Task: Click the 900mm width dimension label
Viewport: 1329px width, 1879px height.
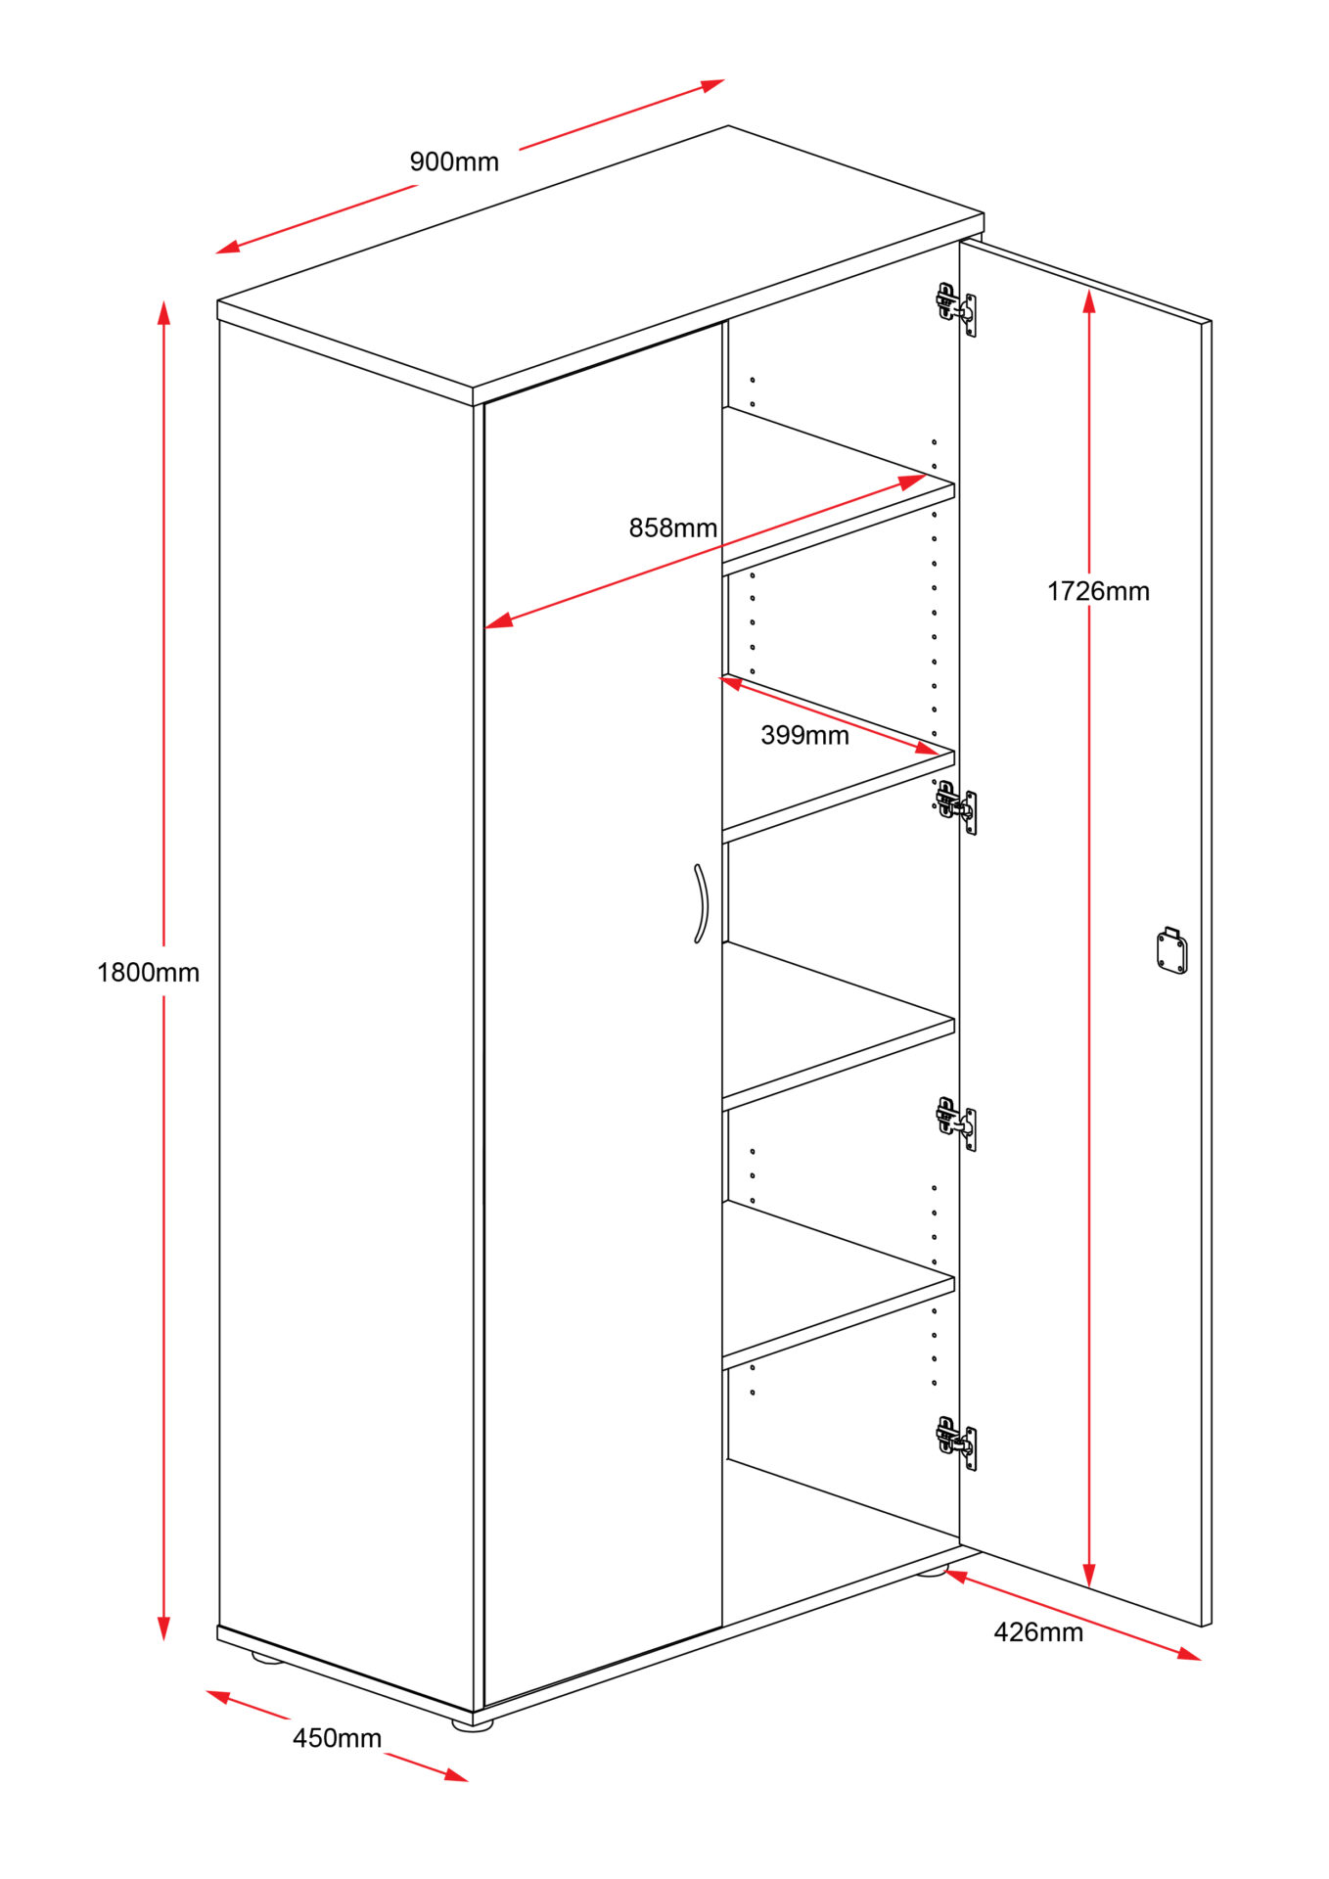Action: pyautogui.click(x=454, y=161)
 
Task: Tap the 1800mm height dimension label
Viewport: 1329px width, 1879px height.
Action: pyautogui.click(x=148, y=972)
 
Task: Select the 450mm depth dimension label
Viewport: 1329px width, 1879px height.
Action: pyautogui.click(x=337, y=1738)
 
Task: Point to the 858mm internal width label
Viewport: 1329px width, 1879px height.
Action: pyautogui.click(x=672, y=527)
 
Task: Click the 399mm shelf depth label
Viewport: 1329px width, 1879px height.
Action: pyautogui.click(x=804, y=735)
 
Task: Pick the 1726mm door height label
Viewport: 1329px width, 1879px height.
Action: pyautogui.click(x=1098, y=591)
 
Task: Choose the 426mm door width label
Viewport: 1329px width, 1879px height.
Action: pyautogui.click(x=1038, y=1632)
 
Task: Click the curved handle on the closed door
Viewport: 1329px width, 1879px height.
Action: pyautogui.click(x=702, y=903)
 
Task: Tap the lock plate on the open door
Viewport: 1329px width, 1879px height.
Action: pyautogui.click(x=1171, y=950)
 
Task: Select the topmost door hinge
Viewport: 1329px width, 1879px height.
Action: pyautogui.click(x=956, y=308)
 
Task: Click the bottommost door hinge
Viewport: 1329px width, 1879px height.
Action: pyautogui.click(x=956, y=1442)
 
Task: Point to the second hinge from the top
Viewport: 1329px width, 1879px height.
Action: pyautogui.click(x=956, y=806)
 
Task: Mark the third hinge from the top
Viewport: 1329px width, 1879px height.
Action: pyautogui.click(x=956, y=1123)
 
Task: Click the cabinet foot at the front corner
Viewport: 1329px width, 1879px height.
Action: pyautogui.click(x=473, y=1724)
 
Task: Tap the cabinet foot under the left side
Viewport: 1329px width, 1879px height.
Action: pyautogui.click(x=266, y=1657)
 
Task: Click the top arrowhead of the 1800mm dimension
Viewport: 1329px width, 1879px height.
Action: pyautogui.click(x=164, y=312)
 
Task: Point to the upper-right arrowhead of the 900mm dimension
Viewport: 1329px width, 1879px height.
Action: pyautogui.click(x=713, y=85)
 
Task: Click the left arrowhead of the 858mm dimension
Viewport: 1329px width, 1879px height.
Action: pyautogui.click(x=498, y=620)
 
